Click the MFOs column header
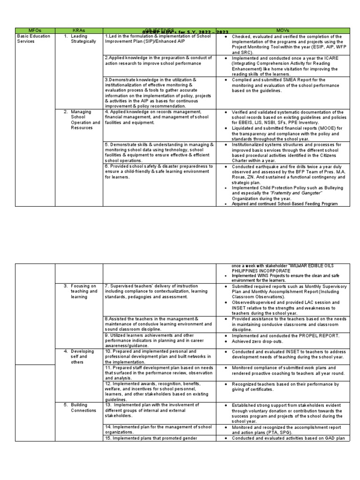pos(35,30)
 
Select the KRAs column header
pos(79,30)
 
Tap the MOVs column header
pos(283,30)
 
